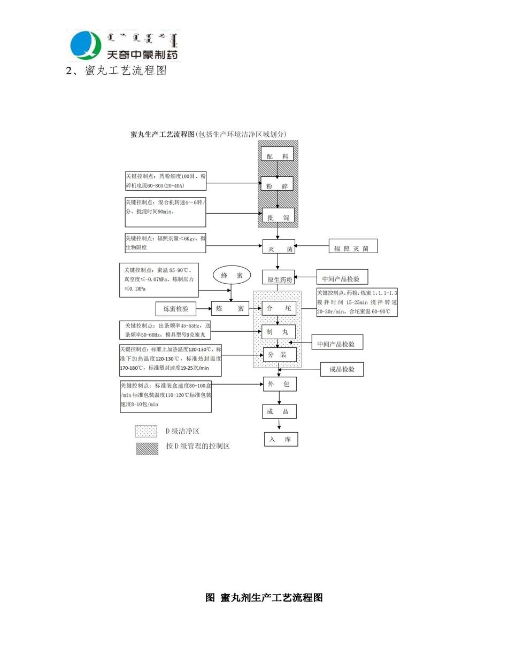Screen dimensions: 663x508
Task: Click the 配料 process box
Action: point(277,154)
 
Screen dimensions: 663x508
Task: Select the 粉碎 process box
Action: point(277,184)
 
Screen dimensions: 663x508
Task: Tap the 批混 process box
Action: point(278,216)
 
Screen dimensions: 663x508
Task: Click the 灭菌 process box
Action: point(279,247)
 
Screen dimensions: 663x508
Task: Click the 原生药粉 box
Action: point(278,277)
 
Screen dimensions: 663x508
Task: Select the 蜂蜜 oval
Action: point(232,275)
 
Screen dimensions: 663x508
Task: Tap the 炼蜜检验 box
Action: point(176,308)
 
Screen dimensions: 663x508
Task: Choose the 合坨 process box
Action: point(279,308)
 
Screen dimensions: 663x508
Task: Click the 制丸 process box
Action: point(278,332)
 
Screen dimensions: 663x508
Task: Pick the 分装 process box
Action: point(279,355)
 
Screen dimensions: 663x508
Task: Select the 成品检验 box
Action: point(342,369)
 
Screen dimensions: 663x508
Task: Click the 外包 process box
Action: point(279,384)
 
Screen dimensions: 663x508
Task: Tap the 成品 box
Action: point(279,411)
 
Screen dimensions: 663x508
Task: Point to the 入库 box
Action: point(281,439)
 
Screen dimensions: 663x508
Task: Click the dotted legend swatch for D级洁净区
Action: point(146,431)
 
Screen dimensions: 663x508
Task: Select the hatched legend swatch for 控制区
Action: point(147,448)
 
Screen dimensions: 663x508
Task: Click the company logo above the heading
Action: point(125,45)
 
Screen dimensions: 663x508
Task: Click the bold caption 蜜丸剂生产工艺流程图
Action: point(264,598)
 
